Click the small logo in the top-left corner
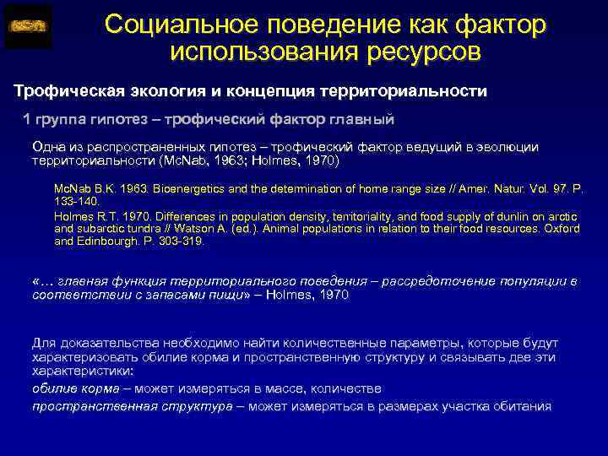(28, 26)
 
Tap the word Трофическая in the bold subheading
(70, 90)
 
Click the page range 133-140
(77, 202)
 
